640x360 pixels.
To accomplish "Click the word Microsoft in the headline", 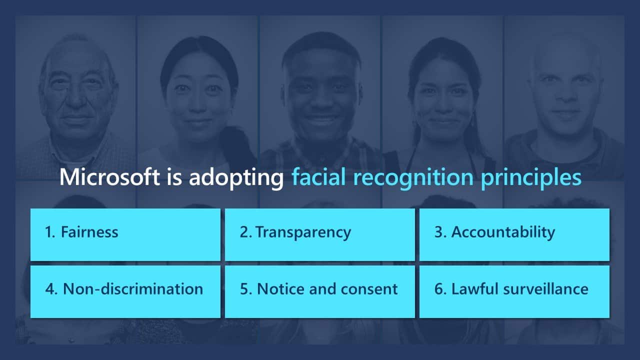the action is pos(109,177).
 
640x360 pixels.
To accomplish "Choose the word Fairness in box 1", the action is pos(89,231).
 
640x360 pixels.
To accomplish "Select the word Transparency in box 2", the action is pos(303,233).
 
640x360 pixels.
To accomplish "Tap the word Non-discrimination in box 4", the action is pos(133,289).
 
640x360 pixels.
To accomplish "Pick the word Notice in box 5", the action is pos(281,289).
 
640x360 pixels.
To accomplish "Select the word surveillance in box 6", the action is pos(545,289).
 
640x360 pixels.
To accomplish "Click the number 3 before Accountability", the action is pos(438,231).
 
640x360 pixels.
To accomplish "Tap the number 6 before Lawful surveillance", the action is pos(439,289).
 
